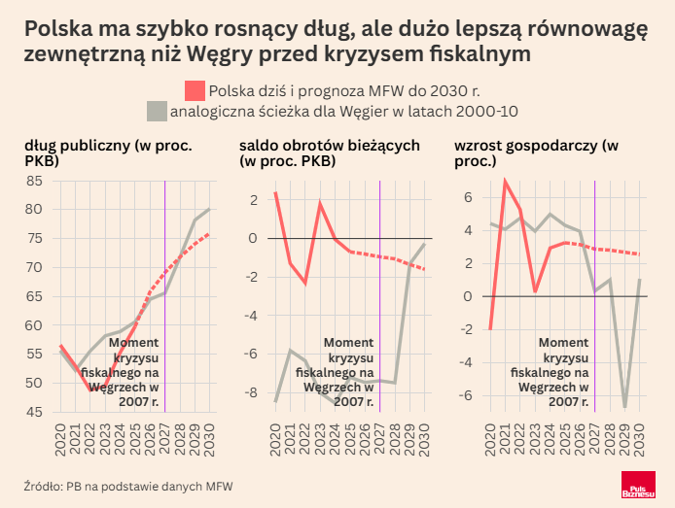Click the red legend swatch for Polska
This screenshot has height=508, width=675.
click(x=195, y=90)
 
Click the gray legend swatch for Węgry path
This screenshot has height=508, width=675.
click(x=157, y=111)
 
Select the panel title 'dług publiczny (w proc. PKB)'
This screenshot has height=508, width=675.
click(x=107, y=152)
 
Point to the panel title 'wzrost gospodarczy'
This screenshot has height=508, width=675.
click(x=536, y=146)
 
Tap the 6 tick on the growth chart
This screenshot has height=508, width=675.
click(x=468, y=196)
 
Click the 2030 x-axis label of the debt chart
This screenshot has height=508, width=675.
click(x=209, y=442)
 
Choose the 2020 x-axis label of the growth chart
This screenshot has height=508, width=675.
click(x=490, y=442)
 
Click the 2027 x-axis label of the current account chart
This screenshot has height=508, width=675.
click(x=380, y=442)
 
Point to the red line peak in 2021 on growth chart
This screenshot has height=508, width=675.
click(x=505, y=181)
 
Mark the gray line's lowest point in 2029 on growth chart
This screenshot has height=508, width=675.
click(x=624, y=406)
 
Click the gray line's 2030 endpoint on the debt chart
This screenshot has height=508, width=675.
click(x=209, y=209)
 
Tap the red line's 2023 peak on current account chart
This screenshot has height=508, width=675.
click(x=320, y=203)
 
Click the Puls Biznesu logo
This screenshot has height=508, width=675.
click(x=639, y=488)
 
